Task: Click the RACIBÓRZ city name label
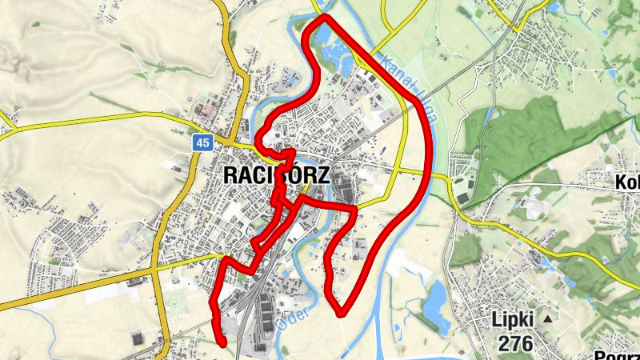click(x=276, y=175)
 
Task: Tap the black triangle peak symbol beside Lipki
click(x=548, y=319)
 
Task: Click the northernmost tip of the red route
click(x=324, y=18)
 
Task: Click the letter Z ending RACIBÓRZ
click(x=322, y=175)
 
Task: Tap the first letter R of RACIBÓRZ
click(x=230, y=175)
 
